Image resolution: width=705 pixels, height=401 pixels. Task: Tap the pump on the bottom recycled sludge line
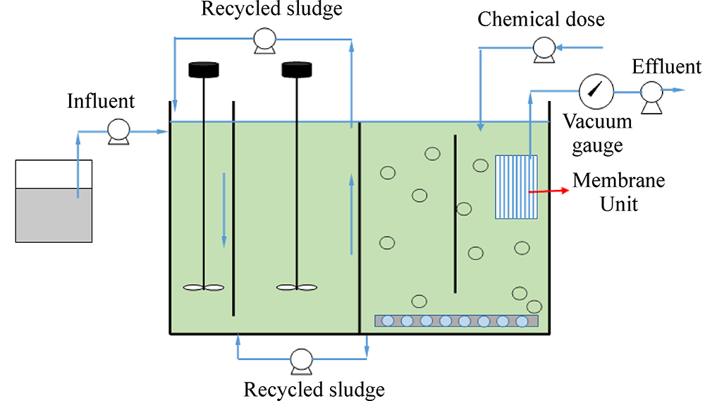pyautogui.click(x=302, y=361)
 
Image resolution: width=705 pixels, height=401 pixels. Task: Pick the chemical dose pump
pyautogui.click(x=544, y=49)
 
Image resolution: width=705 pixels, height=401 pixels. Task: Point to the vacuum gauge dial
pyautogui.click(x=596, y=90)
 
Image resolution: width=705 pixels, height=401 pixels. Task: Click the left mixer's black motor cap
pyautogui.click(x=204, y=70)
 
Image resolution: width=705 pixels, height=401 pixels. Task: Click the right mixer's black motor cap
pyautogui.click(x=296, y=70)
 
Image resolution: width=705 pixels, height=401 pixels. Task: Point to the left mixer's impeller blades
pyautogui.click(x=204, y=287)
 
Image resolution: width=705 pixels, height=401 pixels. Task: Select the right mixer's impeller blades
pyautogui.click(x=296, y=287)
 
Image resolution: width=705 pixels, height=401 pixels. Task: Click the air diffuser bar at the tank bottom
pyautogui.click(x=456, y=321)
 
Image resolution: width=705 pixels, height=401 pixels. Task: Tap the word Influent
pyautogui.click(x=101, y=102)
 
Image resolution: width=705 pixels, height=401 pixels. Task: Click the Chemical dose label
pyautogui.click(x=541, y=19)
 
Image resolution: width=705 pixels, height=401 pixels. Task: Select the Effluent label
pyautogui.click(x=666, y=67)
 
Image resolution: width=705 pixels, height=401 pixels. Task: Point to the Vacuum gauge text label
pyautogui.click(x=597, y=133)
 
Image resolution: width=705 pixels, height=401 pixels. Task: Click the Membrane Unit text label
pyautogui.click(x=618, y=192)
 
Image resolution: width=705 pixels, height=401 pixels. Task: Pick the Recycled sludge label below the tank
pyautogui.click(x=314, y=389)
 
